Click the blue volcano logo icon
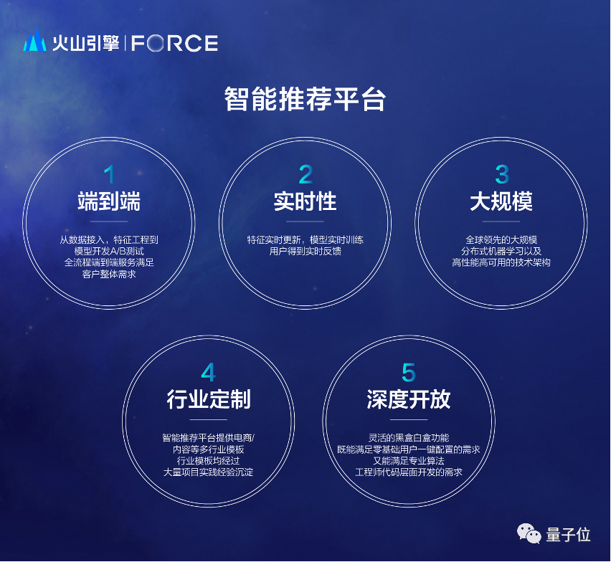[35, 42]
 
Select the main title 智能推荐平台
[305, 99]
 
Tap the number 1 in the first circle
[109, 174]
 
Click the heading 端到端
[109, 201]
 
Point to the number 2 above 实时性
[305, 174]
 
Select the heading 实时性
[305, 201]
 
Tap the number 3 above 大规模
[501, 174]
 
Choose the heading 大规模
[501, 201]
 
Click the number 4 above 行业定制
[208, 372]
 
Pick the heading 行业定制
[208, 399]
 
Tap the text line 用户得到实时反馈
[305, 252]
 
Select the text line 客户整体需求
[109, 274]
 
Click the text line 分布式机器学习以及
[501, 252]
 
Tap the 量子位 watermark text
[569, 534]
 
